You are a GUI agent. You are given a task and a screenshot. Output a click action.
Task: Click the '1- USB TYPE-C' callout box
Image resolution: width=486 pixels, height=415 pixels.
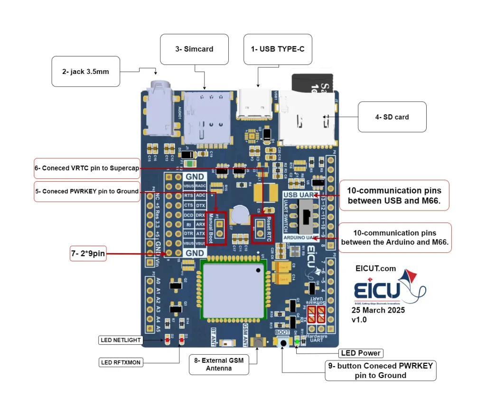click(x=278, y=49)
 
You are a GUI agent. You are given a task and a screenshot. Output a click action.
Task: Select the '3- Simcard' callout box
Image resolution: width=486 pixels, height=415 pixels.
click(x=195, y=49)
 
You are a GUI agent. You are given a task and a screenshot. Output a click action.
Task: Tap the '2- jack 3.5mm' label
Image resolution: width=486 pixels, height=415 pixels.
click(x=85, y=72)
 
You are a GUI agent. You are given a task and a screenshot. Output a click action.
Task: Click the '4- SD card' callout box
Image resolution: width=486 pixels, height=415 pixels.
click(x=392, y=117)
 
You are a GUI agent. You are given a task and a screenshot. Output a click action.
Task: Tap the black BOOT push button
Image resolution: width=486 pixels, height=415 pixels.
click(x=284, y=343)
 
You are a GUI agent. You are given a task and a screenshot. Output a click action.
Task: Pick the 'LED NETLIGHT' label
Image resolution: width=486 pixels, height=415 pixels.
click(x=120, y=340)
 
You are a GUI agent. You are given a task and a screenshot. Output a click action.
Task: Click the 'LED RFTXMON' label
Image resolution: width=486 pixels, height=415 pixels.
click(x=121, y=362)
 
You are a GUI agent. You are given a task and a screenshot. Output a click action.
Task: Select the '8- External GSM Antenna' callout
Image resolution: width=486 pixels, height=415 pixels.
click(x=218, y=364)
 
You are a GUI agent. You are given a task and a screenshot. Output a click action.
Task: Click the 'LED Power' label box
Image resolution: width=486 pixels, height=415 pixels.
click(x=361, y=353)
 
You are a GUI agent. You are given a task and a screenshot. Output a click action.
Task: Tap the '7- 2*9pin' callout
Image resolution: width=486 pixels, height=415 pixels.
click(x=88, y=254)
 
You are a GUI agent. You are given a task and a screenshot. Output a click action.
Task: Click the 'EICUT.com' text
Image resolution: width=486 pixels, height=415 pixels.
click(x=375, y=268)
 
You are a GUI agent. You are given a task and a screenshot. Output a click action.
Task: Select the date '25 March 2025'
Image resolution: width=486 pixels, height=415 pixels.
click(x=378, y=310)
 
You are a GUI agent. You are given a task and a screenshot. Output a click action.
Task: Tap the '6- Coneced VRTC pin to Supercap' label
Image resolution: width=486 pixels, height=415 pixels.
click(x=86, y=168)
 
